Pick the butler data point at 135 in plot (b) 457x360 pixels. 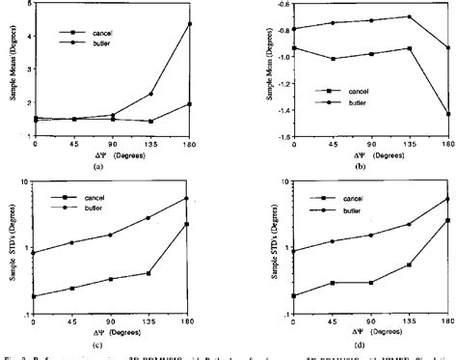pyautogui.click(x=409, y=16)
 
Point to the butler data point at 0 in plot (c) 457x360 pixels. pyautogui.click(x=37, y=253)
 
